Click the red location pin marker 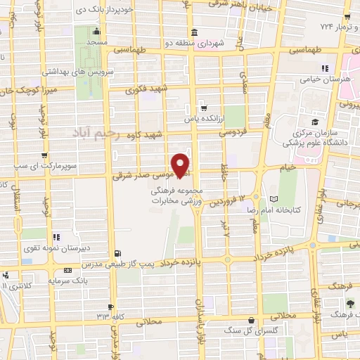click(181, 165)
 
